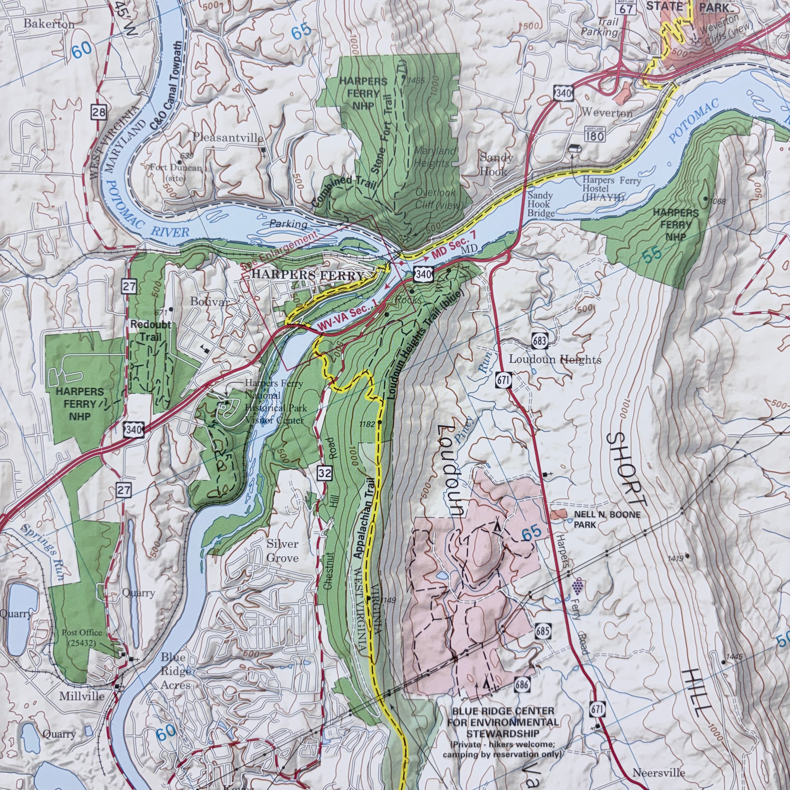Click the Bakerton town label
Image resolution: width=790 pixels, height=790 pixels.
point(49,24)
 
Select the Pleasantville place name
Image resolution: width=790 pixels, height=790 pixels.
point(228,137)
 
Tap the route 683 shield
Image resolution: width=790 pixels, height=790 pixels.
point(540,340)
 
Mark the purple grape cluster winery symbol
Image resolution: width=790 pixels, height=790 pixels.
point(577,586)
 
